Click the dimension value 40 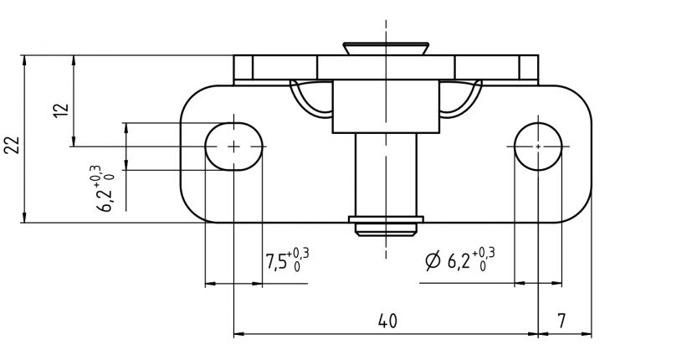tap(387, 321)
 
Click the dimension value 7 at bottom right tap(562, 321)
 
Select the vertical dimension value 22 tap(12, 145)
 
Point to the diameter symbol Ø tap(433, 262)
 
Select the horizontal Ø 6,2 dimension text tap(460, 261)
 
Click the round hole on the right tap(536, 146)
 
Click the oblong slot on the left tap(233, 146)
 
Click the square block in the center tap(386, 107)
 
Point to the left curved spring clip tap(311, 99)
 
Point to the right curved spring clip tap(460, 99)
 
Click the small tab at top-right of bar tap(529, 68)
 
